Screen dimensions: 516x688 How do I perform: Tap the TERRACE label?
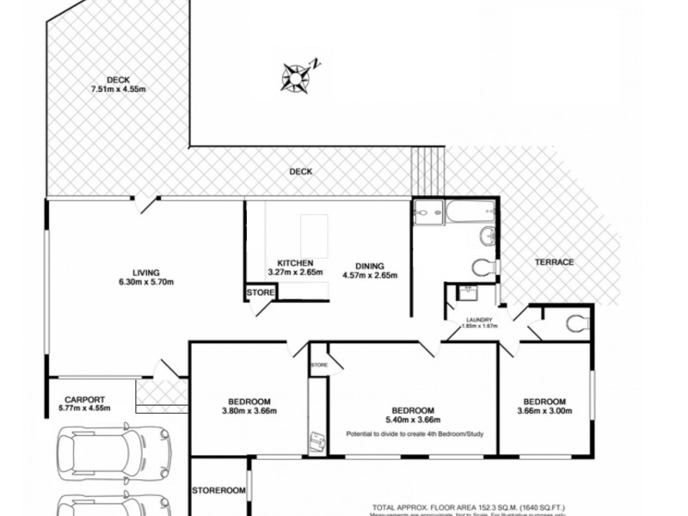[554, 261]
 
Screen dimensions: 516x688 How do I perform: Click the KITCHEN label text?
[295, 262]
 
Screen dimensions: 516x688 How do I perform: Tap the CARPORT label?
[84, 399]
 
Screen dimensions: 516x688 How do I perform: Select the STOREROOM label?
[218, 490]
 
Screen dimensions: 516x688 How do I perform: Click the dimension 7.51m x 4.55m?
[119, 89]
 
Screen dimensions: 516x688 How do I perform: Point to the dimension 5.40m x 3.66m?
[413, 420]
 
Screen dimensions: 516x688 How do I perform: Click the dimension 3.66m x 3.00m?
[544, 411]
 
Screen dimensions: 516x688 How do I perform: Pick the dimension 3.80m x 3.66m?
[249, 411]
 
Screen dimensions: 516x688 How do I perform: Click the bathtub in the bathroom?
[469, 212]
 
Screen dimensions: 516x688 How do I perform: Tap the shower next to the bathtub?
[427, 212]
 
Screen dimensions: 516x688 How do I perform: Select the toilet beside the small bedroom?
[576, 322]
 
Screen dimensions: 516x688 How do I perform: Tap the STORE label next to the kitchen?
[260, 293]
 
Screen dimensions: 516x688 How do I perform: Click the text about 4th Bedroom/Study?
[415, 433]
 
